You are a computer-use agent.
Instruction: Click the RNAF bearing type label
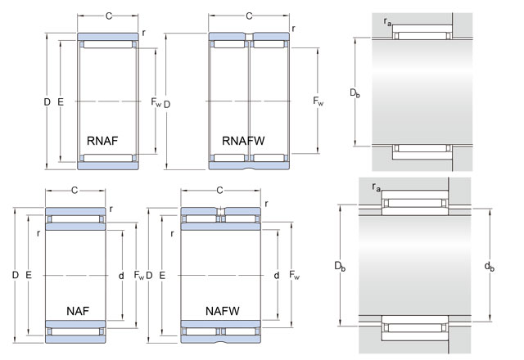(103, 141)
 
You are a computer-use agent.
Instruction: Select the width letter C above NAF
(75, 191)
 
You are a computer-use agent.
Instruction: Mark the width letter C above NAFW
(219, 191)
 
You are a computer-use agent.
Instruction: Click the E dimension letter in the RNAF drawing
(61, 101)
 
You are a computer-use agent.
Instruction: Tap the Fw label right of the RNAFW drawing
(318, 101)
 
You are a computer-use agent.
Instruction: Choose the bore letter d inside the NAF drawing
(120, 276)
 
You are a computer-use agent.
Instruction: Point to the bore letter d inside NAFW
(277, 276)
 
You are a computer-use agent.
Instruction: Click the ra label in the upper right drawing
(387, 20)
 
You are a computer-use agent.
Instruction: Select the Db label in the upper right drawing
(355, 94)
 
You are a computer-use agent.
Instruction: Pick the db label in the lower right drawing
(489, 266)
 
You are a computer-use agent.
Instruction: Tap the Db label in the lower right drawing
(340, 266)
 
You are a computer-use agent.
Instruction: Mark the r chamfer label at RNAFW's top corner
(293, 29)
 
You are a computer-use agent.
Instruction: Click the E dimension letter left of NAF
(29, 276)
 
